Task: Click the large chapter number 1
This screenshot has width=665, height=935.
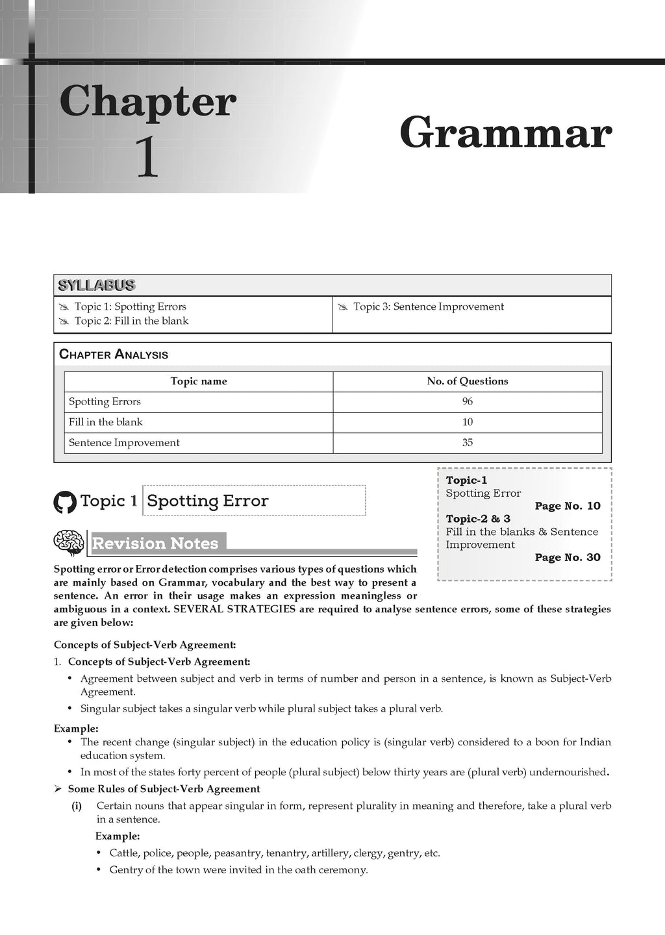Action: click(147, 158)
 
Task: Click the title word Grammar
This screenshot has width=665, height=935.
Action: click(506, 133)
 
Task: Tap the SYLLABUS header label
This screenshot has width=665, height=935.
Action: click(97, 285)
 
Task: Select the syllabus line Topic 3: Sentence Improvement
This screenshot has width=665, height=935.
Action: click(428, 306)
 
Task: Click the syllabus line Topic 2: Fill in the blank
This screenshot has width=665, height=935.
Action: click(131, 321)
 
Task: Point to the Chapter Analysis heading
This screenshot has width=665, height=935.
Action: click(114, 355)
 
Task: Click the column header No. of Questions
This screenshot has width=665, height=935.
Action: click(467, 381)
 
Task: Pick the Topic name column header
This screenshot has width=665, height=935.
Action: click(198, 381)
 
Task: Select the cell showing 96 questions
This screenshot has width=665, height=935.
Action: click(468, 401)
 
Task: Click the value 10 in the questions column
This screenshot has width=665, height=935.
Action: click(468, 422)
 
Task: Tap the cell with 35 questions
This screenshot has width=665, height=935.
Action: click(468, 443)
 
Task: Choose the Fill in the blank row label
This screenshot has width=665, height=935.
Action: click(106, 422)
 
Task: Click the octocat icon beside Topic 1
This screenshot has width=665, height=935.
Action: click(65, 502)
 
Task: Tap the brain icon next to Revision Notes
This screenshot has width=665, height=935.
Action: click(69, 543)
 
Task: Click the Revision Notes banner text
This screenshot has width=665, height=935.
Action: click(155, 543)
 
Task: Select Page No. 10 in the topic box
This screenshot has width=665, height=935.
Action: click(568, 506)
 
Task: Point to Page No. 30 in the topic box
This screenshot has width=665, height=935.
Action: click(568, 557)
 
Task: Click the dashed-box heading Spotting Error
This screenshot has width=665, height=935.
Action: click(208, 501)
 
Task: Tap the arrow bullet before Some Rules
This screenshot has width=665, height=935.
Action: click(58, 789)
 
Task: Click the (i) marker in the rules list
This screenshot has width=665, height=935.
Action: click(77, 806)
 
